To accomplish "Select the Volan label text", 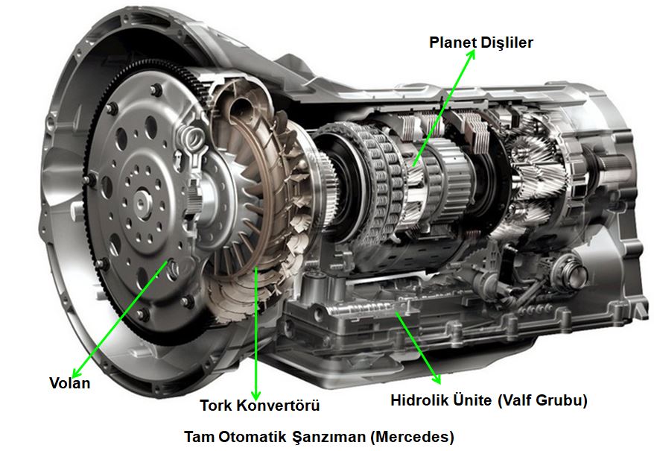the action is [x=70, y=383].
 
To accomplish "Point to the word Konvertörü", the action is [x=278, y=405].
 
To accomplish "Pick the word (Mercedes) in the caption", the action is [x=412, y=438].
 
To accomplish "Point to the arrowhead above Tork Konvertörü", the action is [x=255, y=394].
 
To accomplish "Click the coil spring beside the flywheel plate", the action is [x=190, y=139].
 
